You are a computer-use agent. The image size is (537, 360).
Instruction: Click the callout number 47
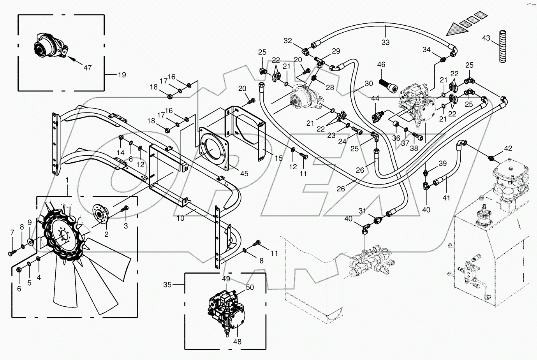(88, 68)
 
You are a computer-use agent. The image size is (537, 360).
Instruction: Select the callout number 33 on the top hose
(385, 42)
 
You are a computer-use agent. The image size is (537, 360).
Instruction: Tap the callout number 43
(486, 38)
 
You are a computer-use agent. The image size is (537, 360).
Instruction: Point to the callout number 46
(381, 65)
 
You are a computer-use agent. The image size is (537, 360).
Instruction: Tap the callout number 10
(180, 218)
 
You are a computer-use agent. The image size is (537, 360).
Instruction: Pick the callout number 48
(237, 342)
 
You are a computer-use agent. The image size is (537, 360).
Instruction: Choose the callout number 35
(167, 284)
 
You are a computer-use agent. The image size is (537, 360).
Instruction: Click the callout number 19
(122, 74)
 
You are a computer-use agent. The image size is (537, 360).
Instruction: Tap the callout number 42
(508, 148)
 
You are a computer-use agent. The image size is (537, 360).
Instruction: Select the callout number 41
(446, 198)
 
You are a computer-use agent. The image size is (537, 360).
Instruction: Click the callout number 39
(442, 163)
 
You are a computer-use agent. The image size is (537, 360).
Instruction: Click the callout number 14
(121, 152)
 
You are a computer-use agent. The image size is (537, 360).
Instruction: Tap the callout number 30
(368, 83)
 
